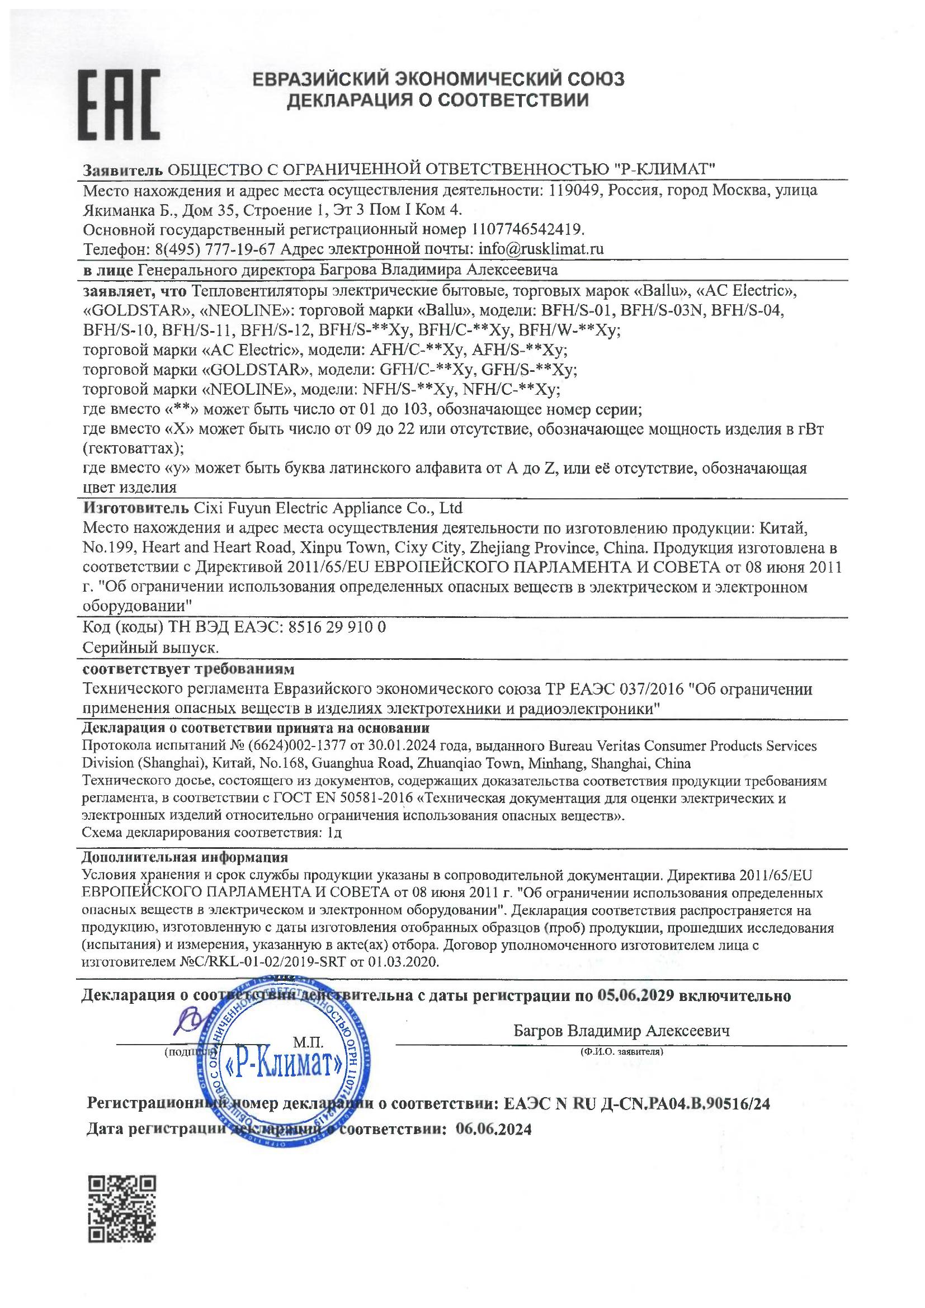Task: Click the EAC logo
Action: [x=119, y=106]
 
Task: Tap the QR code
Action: [x=122, y=1208]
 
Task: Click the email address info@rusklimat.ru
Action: [x=541, y=249]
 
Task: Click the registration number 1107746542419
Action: [x=528, y=230]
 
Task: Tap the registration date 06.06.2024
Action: [x=494, y=1129]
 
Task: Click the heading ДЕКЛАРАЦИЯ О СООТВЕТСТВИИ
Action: [x=437, y=101]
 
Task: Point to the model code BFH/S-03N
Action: [x=662, y=310]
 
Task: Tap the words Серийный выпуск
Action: [x=151, y=648]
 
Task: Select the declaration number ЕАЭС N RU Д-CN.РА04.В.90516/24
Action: [x=637, y=1103]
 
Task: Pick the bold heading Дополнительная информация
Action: [x=185, y=857]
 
